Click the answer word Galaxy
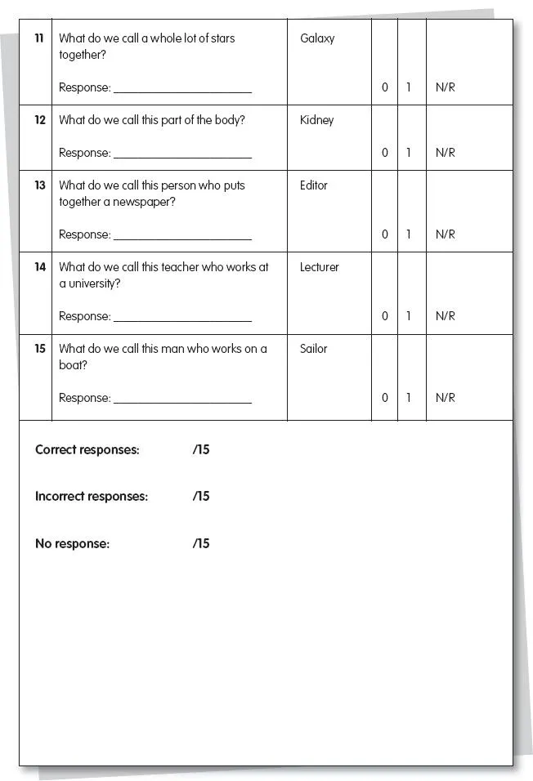[317, 38]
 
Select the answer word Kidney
[316, 120]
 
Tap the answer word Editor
[313, 185]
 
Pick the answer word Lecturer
[319, 267]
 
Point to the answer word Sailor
[313, 349]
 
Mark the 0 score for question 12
[385, 153]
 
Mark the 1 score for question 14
[409, 316]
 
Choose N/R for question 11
[446, 87]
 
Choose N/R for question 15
[446, 398]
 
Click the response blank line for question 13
[182, 238]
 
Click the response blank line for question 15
[182, 401]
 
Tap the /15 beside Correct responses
[201, 450]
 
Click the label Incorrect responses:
[92, 497]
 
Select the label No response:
[72, 544]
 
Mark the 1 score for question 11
[409, 87]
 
